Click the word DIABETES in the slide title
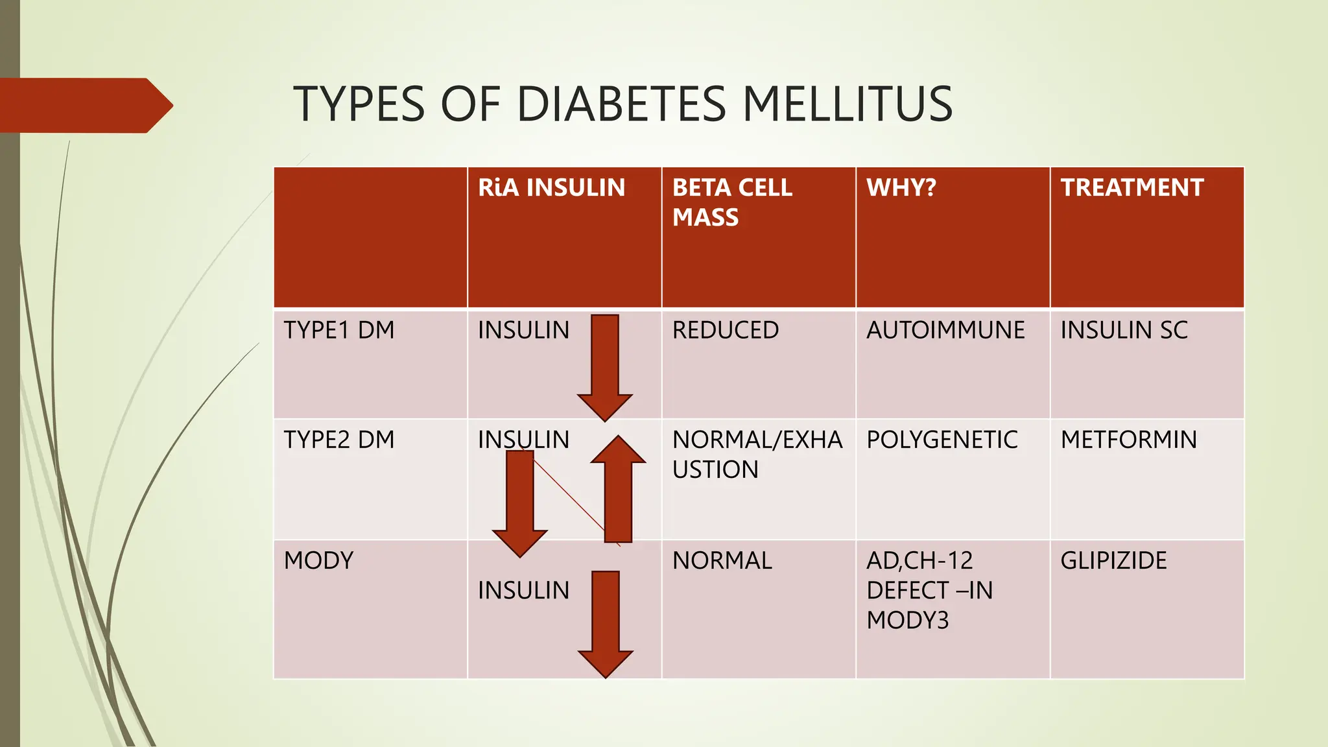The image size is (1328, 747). pos(621,104)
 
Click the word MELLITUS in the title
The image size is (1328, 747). pos(847,104)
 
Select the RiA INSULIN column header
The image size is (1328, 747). pos(551,188)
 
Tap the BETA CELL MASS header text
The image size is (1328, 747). pos(731,202)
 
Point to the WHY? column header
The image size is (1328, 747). pos(901,188)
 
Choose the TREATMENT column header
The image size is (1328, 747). pos(1132,188)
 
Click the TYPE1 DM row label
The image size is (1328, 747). pos(338,331)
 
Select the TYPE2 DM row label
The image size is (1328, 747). pos(338,440)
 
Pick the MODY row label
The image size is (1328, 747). pos(318,561)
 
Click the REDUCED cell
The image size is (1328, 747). pos(725,331)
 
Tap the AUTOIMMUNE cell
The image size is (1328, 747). pos(945,331)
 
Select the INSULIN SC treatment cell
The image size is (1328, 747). pos(1124,331)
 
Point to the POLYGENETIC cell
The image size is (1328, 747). pos(942,440)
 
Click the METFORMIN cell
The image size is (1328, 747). pos(1128,440)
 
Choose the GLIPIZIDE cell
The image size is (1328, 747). pos(1113,561)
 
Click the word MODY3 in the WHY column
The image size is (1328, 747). pos(907,621)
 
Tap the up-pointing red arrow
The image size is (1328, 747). pos(618,490)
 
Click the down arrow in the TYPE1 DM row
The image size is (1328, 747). pos(605,366)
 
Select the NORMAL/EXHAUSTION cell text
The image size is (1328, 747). pos(757,455)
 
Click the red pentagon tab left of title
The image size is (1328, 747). pos(84,106)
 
